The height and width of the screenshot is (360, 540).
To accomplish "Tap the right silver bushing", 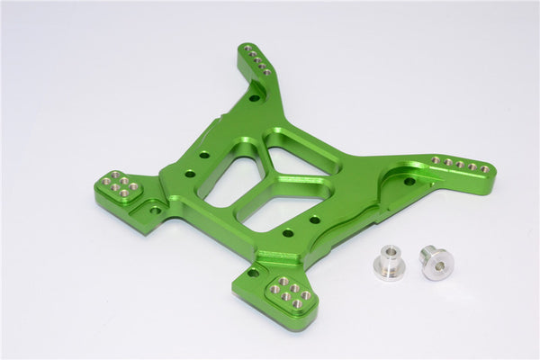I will (x=437, y=262).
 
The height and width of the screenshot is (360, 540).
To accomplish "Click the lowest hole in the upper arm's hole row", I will (x=266, y=71).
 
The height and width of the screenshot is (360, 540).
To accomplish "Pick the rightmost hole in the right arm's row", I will (x=484, y=168).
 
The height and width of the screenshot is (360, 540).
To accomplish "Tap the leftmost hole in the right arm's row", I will (x=436, y=160).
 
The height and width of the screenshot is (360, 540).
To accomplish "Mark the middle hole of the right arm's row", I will (x=460, y=165).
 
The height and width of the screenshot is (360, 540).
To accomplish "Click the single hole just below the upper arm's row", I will (x=255, y=96).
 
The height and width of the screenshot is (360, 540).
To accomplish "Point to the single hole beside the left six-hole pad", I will (x=155, y=211).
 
